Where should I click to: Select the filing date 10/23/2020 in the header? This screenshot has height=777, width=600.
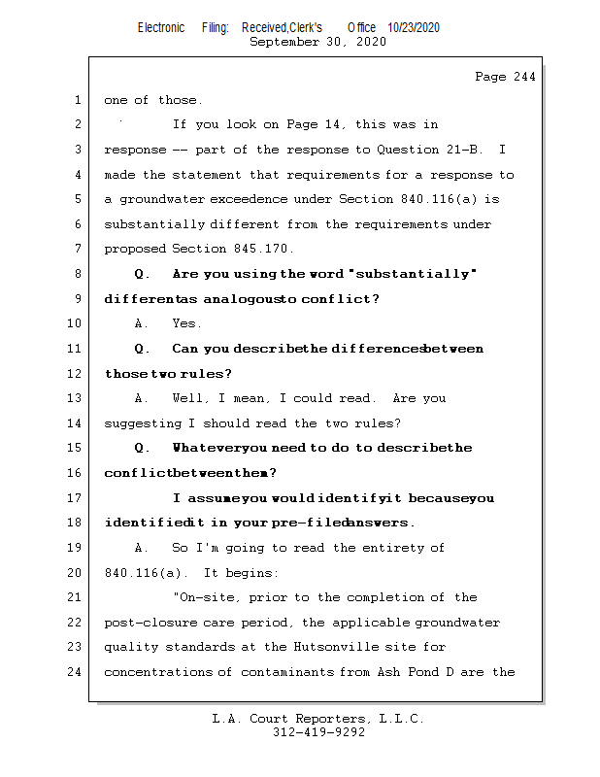[x=413, y=28]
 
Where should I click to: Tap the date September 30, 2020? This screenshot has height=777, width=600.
[x=317, y=42]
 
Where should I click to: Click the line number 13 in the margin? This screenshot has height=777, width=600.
[x=77, y=398]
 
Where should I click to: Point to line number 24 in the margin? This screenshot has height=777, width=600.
[x=77, y=672]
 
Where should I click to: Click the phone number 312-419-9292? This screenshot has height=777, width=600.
[x=318, y=732]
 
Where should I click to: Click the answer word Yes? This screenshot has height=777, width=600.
[x=186, y=323]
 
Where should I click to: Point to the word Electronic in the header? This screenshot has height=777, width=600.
[x=161, y=28]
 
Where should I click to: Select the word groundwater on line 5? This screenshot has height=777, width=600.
[x=161, y=199]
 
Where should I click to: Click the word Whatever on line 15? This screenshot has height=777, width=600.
[x=206, y=448]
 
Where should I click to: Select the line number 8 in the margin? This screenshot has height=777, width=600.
[x=77, y=274]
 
